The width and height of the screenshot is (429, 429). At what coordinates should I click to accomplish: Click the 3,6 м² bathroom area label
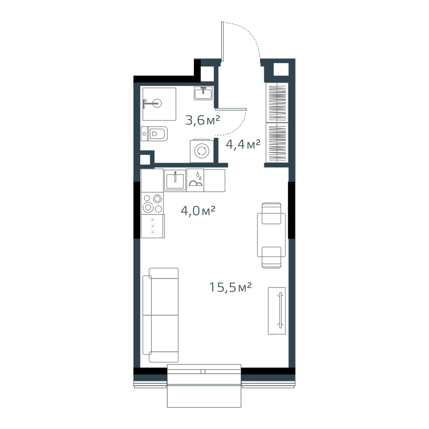click(203, 120)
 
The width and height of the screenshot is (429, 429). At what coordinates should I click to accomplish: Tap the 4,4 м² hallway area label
click(243, 145)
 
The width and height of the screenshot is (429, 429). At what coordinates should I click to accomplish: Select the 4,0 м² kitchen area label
click(198, 211)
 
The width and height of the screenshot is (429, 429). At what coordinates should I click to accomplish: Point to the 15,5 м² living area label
click(230, 287)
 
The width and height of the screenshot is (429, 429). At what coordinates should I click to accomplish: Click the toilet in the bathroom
click(154, 134)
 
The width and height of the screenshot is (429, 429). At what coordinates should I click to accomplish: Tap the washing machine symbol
click(202, 151)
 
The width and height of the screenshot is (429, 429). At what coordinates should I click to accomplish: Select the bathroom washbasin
click(203, 93)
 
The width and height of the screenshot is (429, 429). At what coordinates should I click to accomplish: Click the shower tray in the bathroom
click(159, 104)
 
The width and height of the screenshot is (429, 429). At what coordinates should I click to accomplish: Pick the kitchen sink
click(175, 180)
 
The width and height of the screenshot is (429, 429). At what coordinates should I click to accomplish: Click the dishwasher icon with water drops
click(195, 180)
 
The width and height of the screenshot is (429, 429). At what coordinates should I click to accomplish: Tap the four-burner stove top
click(153, 203)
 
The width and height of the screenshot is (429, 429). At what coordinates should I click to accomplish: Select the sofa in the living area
click(160, 315)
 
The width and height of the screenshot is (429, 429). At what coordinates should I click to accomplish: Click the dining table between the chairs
click(272, 235)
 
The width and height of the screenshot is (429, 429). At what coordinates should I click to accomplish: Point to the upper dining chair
click(272, 213)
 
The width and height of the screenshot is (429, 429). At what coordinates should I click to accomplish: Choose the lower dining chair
click(272, 257)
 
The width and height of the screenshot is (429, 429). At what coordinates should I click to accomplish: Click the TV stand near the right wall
click(277, 311)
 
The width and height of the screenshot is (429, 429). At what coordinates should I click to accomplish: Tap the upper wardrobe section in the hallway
click(277, 103)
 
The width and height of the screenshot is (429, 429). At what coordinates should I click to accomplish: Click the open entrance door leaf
click(222, 41)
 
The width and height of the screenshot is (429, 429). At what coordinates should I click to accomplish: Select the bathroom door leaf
click(231, 109)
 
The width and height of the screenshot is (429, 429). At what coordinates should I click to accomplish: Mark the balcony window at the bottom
click(204, 386)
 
